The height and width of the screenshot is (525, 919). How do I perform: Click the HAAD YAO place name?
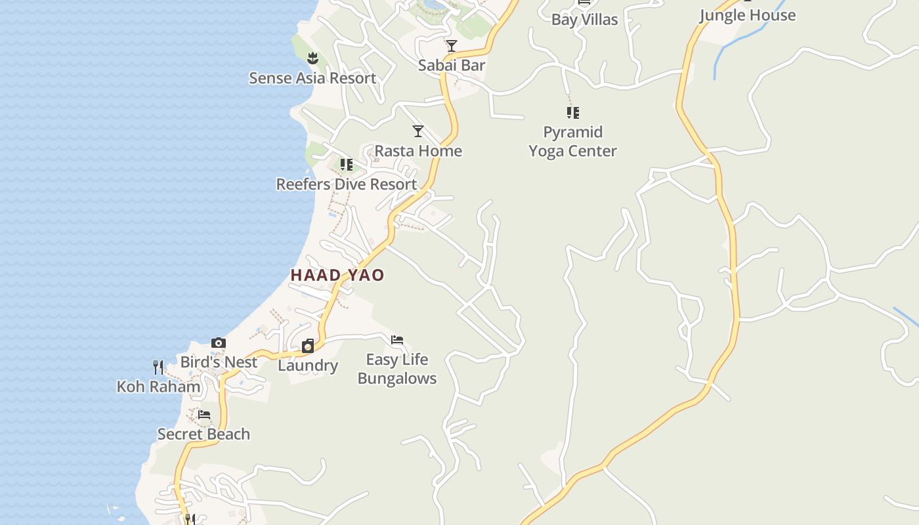click(337, 275)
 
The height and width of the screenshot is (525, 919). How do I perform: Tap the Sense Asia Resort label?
click(312, 78)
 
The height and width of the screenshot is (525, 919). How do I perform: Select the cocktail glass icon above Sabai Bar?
click(451, 46)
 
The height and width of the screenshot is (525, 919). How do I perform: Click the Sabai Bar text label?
click(452, 65)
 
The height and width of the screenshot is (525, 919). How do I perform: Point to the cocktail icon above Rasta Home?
click(417, 131)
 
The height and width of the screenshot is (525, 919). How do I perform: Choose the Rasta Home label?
click(418, 151)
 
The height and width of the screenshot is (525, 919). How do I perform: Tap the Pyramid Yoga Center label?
click(573, 142)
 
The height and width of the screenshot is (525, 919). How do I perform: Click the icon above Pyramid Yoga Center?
click(573, 113)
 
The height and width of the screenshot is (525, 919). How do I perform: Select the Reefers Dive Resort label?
click(346, 184)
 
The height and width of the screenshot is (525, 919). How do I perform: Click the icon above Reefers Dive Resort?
click(346, 164)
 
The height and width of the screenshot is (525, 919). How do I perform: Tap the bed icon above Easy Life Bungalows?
click(397, 340)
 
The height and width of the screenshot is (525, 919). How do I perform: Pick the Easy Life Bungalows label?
click(397, 369)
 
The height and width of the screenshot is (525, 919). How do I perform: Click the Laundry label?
click(308, 366)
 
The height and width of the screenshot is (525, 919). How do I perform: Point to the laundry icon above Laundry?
click(308, 346)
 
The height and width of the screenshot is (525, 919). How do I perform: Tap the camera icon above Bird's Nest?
click(219, 343)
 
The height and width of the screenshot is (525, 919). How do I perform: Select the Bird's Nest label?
click(219, 362)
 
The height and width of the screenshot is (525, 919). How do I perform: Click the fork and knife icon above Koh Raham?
click(158, 367)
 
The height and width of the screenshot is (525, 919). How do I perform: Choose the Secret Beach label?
click(203, 434)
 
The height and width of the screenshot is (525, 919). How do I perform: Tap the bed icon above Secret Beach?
click(204, 415)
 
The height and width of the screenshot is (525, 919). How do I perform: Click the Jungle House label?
click(747, 16)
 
